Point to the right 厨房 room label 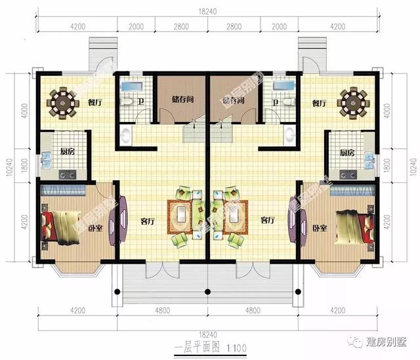tap(347, 152)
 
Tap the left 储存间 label tap(182, 100)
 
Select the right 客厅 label tap(267, 220)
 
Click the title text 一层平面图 tap(194, 347)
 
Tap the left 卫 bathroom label tap(142, 102)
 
